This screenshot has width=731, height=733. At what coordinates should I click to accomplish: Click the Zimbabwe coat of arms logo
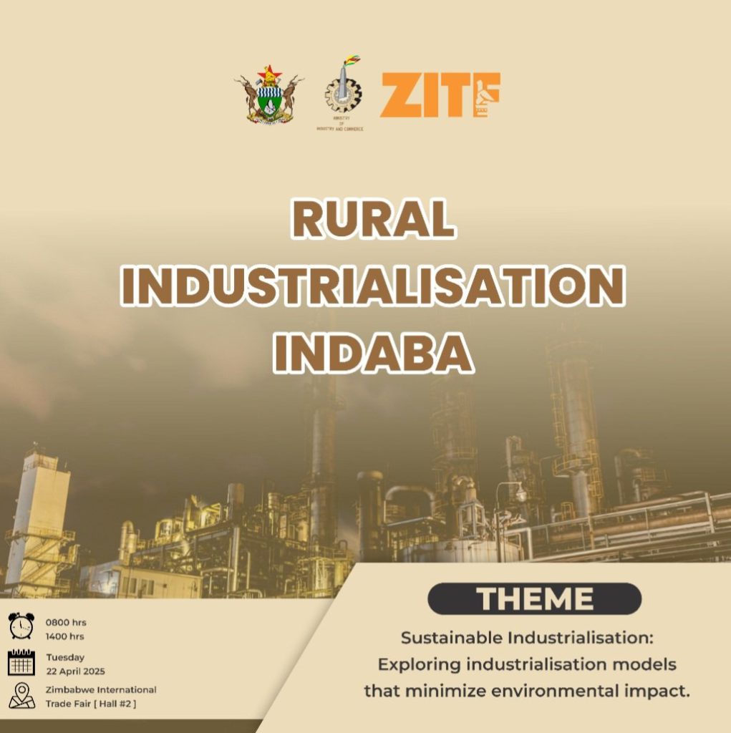pos(268,94)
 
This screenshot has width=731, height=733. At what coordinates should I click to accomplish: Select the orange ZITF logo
pos(440,95)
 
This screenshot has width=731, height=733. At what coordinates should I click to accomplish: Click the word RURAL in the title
pos(373,219)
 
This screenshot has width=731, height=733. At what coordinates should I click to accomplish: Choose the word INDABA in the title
pos(373,352)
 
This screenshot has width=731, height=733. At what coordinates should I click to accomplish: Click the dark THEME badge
pos(534,598)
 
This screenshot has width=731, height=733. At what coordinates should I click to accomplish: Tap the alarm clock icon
pos(21,626)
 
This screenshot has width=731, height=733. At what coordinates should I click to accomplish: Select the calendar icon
pos(21,661)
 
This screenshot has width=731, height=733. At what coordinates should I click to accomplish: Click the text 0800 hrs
pos(66,622)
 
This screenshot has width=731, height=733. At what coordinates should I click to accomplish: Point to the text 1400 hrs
pos(65,636)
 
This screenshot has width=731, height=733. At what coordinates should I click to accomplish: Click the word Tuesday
pos(65,656)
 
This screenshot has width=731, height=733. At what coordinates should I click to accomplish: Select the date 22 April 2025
pos(75,671)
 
